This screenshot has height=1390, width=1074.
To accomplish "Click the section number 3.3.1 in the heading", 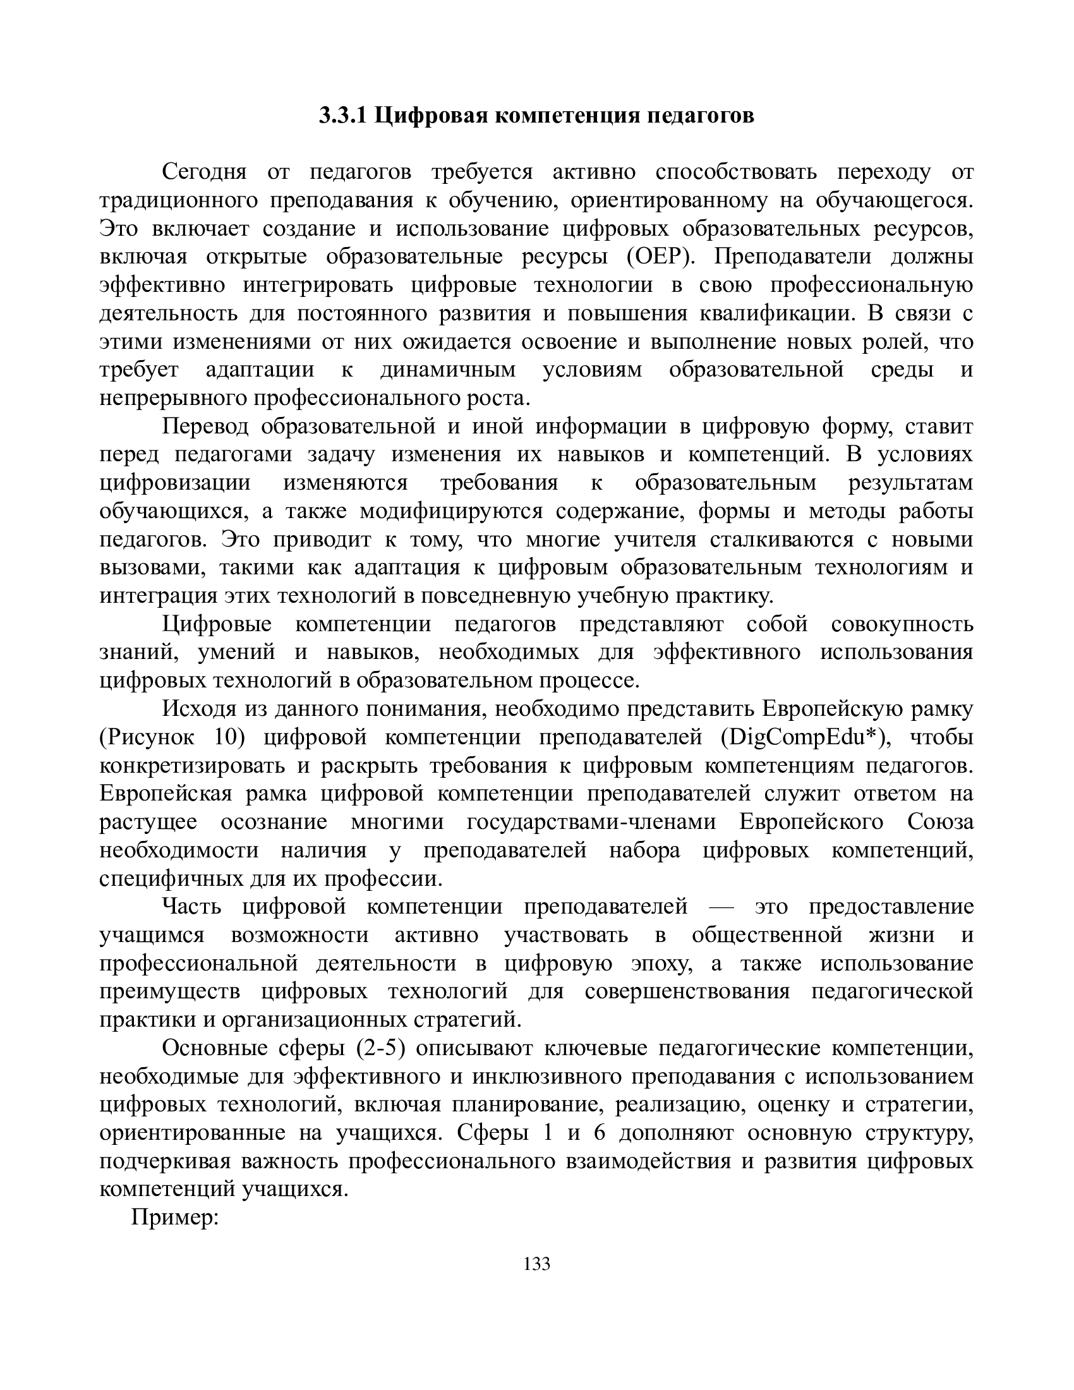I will click(343, 116).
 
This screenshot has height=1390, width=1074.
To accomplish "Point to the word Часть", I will click(191, 906).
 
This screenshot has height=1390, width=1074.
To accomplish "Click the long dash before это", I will click(721, 906).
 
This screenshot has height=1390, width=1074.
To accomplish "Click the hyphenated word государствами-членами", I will click(591, 821).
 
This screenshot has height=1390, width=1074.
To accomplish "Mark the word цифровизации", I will click(175, 483).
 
